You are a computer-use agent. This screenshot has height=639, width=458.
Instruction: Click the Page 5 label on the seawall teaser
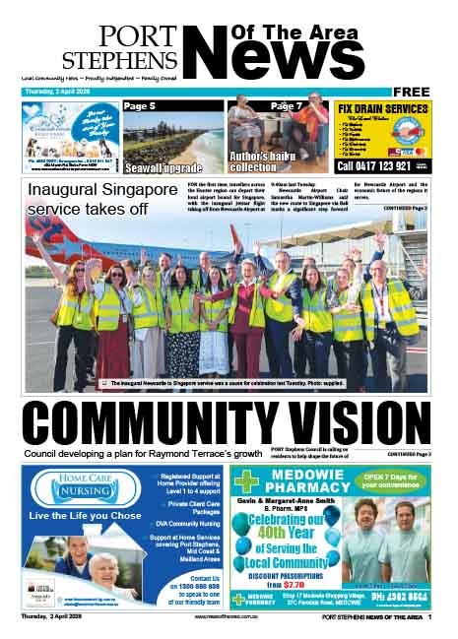click(x=140, y=105)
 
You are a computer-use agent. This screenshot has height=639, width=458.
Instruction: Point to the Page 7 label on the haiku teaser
click(x=287, y=105)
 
